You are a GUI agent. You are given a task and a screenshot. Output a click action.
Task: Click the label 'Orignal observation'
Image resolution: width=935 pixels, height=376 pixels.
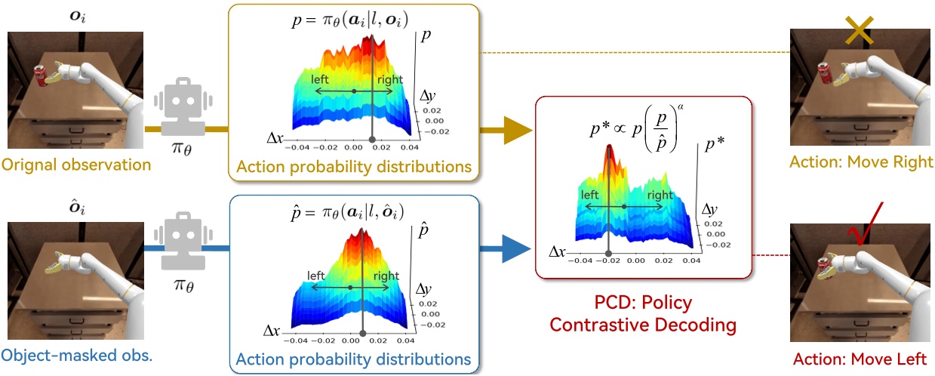point(75,164)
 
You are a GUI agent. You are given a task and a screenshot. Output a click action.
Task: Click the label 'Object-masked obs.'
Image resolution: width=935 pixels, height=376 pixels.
point(76,355)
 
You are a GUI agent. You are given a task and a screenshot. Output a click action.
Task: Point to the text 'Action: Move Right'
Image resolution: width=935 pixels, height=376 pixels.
point(861,162)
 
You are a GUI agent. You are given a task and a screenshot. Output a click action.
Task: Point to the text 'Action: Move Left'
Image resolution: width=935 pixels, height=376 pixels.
point(860,359)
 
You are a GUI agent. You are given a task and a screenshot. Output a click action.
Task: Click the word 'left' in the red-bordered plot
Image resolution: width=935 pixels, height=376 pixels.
point(591,194)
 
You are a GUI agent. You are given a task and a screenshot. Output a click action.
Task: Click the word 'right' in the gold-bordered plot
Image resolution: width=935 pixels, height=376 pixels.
point(389,79)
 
